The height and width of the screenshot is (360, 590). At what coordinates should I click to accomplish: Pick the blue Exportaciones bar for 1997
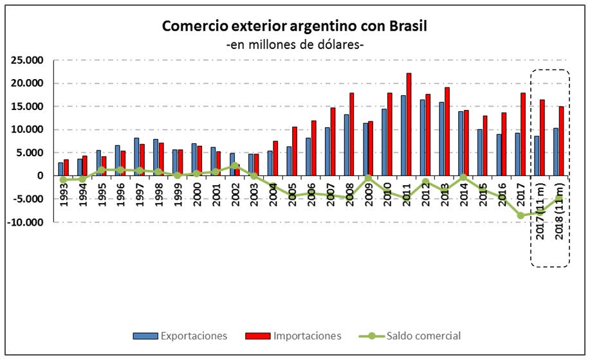(x=137, y=156)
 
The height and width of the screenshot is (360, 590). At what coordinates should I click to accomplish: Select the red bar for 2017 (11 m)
(x=542, y=138)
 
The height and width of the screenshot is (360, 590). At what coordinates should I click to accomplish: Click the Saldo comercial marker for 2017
(x=521, y=215)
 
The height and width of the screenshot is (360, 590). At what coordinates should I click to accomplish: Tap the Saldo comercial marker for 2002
(x=235, y=165)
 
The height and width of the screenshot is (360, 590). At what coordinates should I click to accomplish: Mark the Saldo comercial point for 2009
(x=368, y=178)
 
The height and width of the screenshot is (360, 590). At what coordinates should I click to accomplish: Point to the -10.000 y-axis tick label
(x=25, y=222)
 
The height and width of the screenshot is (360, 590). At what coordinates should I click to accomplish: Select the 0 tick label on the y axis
(x=40, y=175)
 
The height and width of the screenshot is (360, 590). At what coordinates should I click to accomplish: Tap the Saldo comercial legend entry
(x=423, y=336)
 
